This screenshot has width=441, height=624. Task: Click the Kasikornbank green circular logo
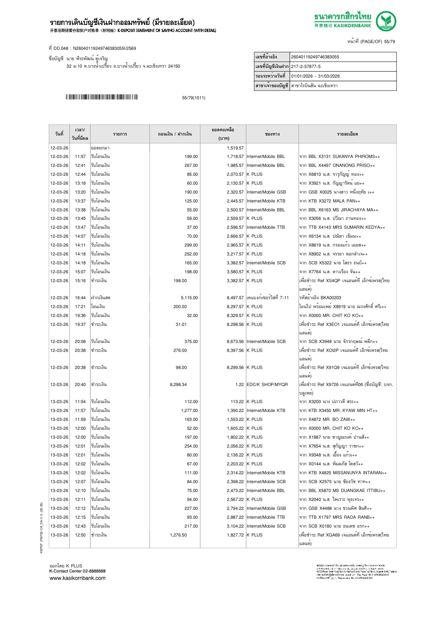[386, 21]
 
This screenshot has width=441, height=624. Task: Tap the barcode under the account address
[101, 97]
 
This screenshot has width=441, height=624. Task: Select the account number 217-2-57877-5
[306, 67]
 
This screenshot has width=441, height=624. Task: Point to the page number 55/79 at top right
[389, 42]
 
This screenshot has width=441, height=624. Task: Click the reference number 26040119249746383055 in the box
[315, 57]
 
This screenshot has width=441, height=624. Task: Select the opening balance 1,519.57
[235, 148]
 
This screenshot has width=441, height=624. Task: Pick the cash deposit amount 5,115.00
[189, 298]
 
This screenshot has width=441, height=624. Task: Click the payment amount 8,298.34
[178, 385]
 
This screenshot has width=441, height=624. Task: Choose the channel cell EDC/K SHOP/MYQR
[267, 385]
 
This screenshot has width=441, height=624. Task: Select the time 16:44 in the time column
[80, 298]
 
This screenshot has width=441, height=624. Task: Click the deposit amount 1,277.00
[189, 411]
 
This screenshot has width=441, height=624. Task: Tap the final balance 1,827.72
[235, 535]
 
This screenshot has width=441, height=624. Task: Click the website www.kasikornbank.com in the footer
[78, 578]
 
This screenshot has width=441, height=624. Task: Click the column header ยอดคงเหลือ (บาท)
[223, 134]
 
